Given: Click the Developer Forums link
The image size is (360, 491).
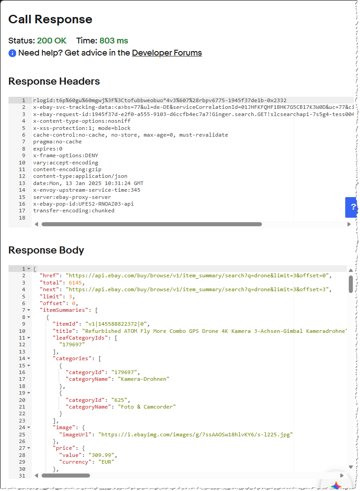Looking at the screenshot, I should pyautogui.click(x=167, y=53).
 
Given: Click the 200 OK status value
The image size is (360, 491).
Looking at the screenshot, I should pyautogui.click(x=51, y=41).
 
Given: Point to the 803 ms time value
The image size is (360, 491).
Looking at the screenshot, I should pyautogui.click(x=114, y=41).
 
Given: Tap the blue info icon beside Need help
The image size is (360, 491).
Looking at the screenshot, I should pyautogui.click(x=13, y=53).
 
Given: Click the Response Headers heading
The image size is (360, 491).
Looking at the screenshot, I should pyautogui.click(x=54, y=81).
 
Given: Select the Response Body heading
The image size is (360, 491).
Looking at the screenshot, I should pyautogui.click(x=46, y=250).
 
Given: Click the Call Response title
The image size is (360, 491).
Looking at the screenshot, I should pyautogui.click(x=50, y=19).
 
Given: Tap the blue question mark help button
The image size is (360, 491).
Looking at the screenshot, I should pyautogui.click(x=353, y=207).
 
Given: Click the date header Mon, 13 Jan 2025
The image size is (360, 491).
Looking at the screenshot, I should pyautogui.click(x=88, y=183).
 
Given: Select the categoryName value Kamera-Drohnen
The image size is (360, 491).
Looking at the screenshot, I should pyautogui.click(x=144, y=379).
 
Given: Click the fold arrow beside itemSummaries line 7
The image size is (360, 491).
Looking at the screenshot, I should pyautogui.click(x=29, y=310).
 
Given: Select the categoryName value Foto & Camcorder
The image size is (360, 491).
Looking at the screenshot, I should pyautogui.click(x=147, y=407).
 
